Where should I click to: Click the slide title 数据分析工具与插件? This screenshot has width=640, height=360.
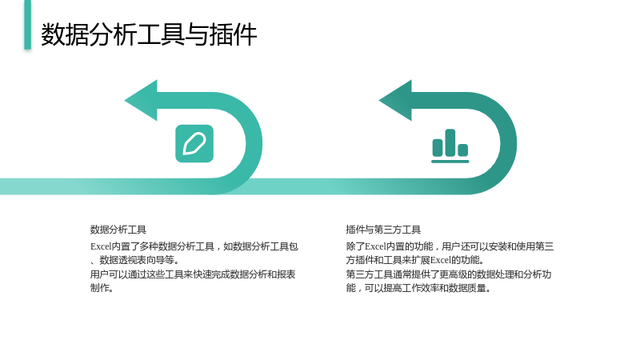149,34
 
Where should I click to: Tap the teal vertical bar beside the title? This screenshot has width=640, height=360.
27,25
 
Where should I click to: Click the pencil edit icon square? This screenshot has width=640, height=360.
194,143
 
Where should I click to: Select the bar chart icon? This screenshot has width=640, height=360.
450,146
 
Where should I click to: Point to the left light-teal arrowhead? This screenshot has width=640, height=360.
142,101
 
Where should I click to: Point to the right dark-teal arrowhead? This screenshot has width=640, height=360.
396,101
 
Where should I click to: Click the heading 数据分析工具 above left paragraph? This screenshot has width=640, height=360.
118,230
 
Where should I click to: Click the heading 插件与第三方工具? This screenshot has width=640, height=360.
383,230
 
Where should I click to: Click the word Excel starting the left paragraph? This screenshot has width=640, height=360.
101,246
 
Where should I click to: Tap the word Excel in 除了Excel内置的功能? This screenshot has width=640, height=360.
375,246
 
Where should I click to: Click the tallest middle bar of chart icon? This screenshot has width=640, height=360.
450,142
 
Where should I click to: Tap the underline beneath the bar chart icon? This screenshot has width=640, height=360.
450,162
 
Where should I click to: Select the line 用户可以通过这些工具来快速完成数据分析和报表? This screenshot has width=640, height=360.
193,274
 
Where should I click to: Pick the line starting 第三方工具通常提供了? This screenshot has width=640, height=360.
449,274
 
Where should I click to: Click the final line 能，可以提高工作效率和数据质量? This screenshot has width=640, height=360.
418,288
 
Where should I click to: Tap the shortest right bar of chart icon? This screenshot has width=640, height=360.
463,150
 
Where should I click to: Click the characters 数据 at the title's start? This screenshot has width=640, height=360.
65,34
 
